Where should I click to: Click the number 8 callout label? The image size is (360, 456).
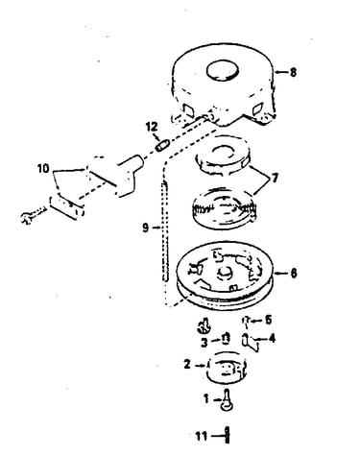293,72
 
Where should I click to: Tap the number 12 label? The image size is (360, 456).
152,127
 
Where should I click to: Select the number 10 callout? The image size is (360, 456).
43,168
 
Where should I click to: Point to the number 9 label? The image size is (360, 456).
146,228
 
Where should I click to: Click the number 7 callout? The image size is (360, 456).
275,178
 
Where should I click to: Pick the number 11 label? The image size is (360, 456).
202,436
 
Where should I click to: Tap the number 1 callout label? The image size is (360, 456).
206,399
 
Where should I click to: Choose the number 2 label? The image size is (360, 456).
187,365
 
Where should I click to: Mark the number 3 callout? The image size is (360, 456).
204,343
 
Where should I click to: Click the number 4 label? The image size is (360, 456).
272,338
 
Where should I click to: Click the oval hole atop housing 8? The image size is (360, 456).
223,70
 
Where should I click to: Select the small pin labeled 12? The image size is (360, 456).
161,146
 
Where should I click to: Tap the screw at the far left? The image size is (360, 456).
32,216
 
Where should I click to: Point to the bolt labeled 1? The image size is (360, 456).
227,399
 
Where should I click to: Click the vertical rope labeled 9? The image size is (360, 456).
165,231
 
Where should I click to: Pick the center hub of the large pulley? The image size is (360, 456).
224,274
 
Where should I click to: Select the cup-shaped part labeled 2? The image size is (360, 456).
228,367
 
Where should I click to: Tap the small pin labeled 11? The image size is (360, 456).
227,435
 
